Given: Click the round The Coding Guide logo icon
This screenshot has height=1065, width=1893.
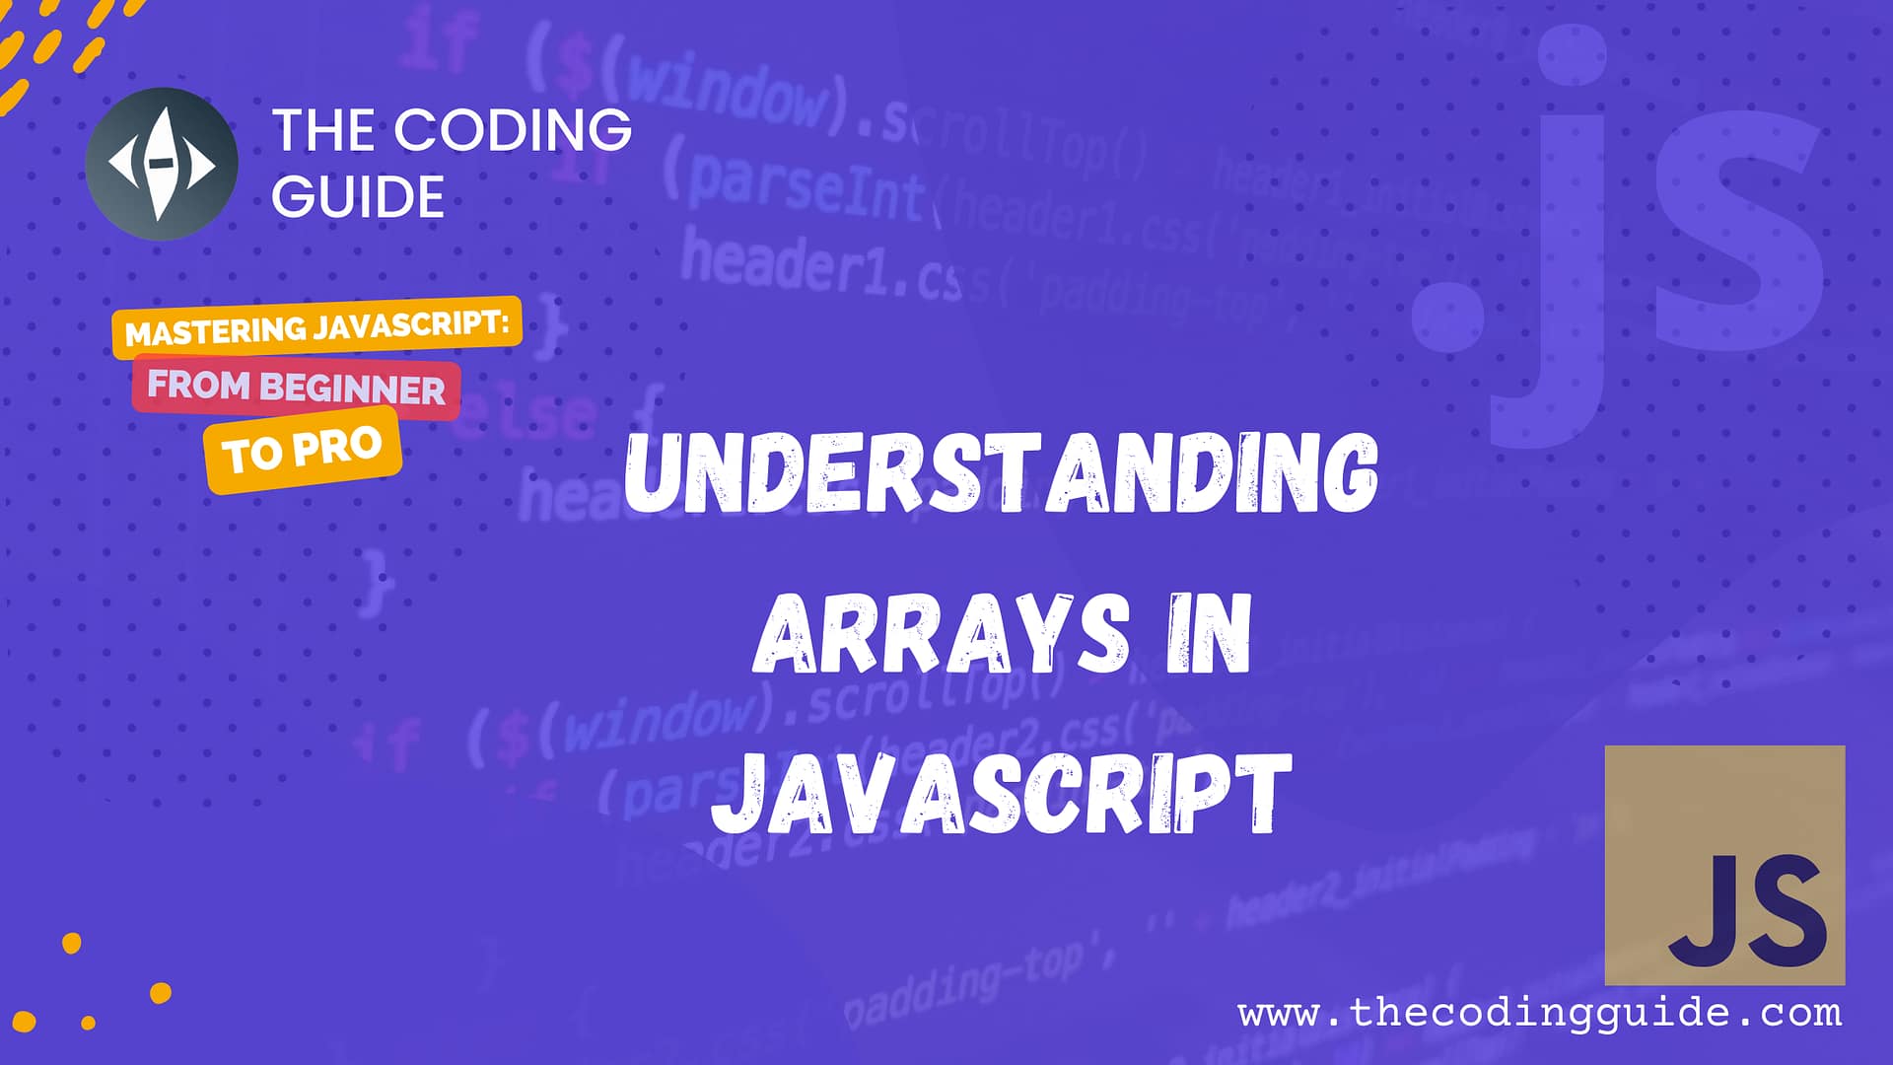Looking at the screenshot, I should coord(162,164).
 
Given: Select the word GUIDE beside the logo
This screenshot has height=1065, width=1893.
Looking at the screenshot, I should coord(358,197).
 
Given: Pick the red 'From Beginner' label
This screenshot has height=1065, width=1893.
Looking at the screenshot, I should coord(296,387).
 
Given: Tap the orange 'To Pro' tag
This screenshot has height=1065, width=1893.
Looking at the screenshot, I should coord(303,450).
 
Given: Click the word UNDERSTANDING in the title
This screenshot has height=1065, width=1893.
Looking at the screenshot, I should coord(1001,474).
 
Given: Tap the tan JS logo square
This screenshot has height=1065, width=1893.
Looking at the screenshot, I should coord(1724,864).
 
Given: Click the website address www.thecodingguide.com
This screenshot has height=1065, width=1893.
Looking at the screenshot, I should coord(1539,1013).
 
